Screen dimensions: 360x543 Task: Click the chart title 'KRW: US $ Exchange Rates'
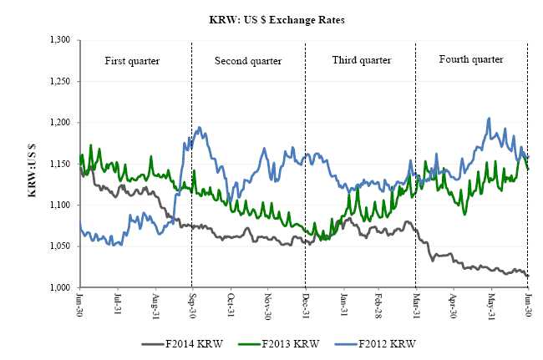271,17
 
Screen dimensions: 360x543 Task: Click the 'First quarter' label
131,61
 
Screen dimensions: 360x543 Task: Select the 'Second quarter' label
248,61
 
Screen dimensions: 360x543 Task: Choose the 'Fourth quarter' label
471,60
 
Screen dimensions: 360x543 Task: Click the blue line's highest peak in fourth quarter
489,118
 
